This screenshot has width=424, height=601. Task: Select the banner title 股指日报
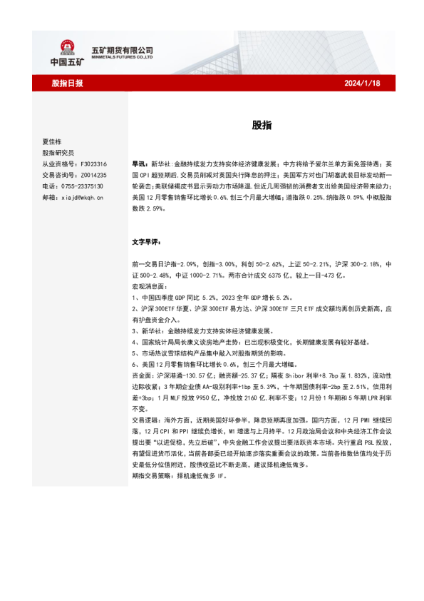[x=67, y=84]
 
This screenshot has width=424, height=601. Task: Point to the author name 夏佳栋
[x=53, y=141]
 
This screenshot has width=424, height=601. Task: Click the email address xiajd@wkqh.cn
[x=83, y=197]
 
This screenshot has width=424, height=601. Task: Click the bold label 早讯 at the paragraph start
[x=140, y=163]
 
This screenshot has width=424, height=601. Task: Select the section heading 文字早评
[x=147, y=242]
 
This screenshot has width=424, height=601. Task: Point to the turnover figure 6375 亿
[x=312, y=275]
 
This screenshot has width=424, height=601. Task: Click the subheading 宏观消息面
[x=149, y=286]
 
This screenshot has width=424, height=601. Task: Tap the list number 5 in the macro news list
[x=135, y=353]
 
